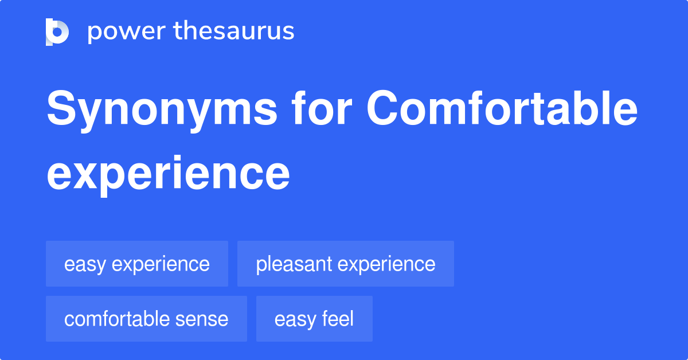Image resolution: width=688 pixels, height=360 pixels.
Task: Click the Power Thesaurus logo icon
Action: click(57, 32)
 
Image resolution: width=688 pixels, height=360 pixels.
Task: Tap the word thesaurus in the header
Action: click(234, 32)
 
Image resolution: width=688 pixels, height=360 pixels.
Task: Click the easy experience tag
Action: click(137, 264)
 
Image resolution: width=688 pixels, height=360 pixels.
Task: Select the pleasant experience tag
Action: click(346, 264)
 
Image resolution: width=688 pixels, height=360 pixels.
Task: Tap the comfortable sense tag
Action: click(146, 319)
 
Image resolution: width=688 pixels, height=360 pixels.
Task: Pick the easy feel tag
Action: click(314, 319)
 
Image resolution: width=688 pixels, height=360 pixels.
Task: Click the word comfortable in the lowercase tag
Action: click(116, 319)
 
